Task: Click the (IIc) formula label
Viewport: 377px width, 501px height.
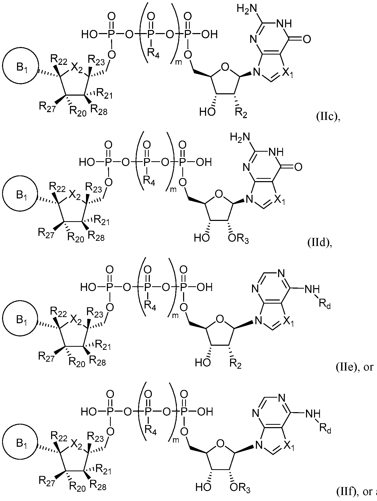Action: tap(326, 117)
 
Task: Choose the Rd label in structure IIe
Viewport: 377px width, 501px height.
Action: tap(324, 304)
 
